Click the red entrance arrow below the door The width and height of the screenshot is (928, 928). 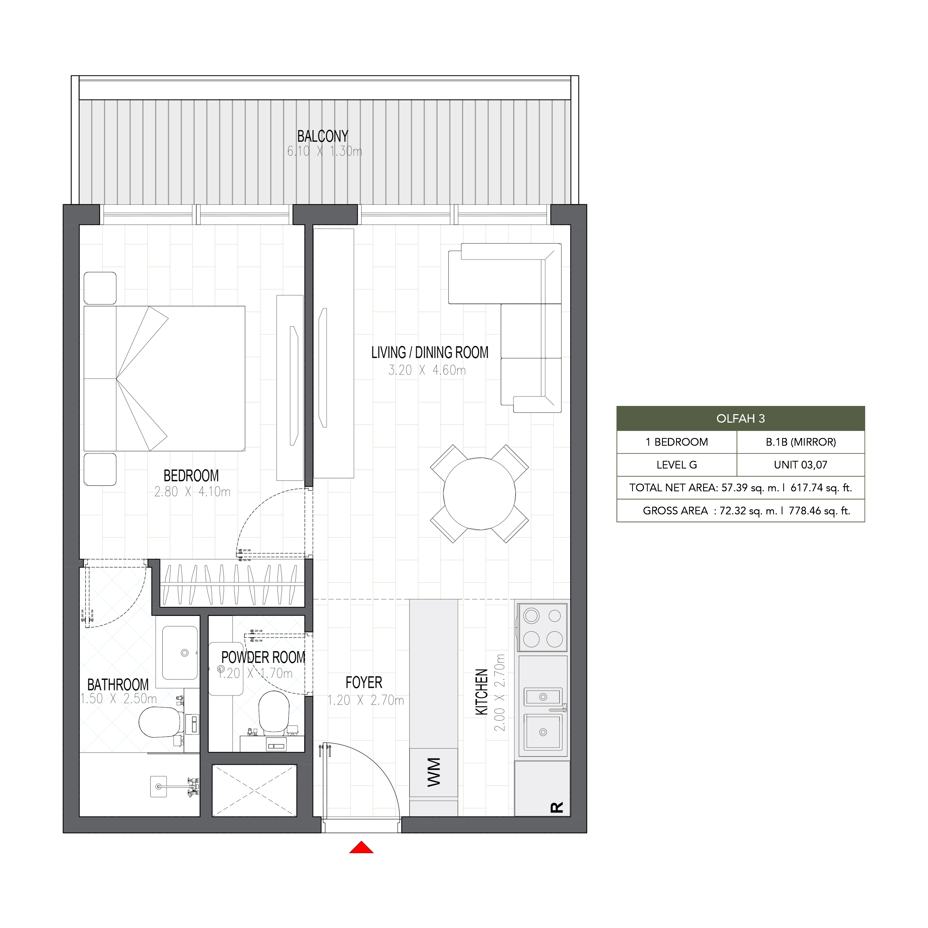tap(361, 848)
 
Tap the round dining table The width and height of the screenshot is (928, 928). tap(479, 493)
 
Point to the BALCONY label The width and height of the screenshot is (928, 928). tap(322, 136)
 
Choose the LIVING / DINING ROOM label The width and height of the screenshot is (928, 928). tap(430, 353)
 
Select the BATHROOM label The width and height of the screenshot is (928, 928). tap(118, 685)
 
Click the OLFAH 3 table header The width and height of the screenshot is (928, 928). tap(740, 418)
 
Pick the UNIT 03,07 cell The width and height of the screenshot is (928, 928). tap(800, 465)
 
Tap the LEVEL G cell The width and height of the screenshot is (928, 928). tap(676, 465)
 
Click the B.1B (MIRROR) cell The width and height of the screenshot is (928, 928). tap(800, 442)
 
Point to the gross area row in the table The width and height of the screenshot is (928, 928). tap(740, 511)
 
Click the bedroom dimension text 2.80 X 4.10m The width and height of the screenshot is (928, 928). tap(192, 492)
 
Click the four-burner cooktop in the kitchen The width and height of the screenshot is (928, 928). tap(542, 627)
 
